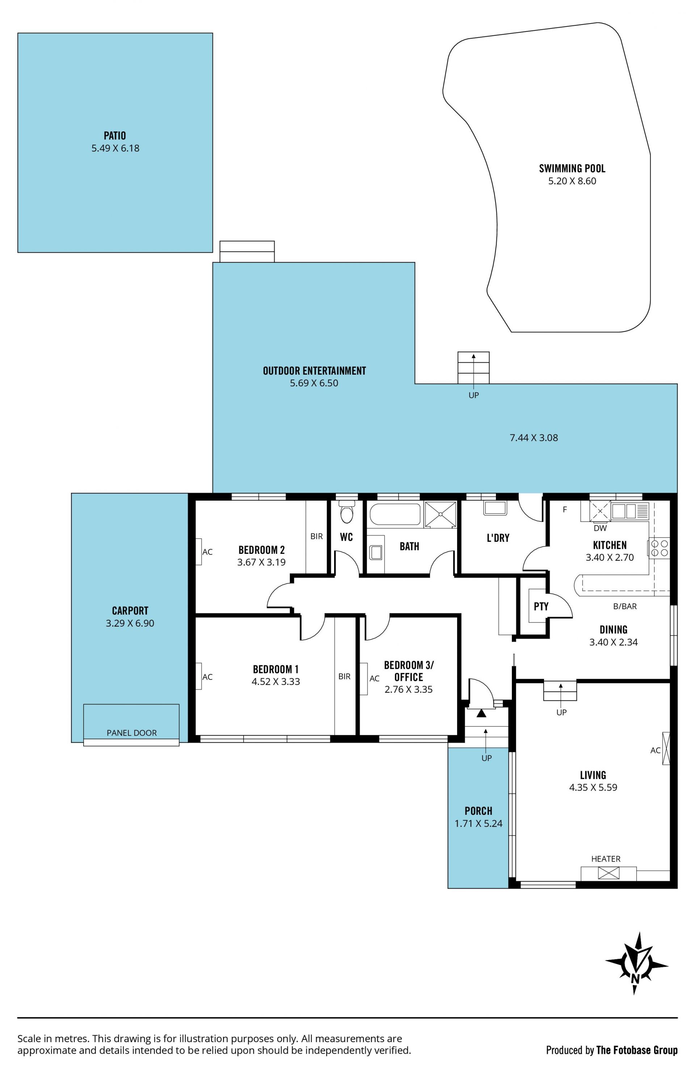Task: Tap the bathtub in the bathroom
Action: [x=395, y=514]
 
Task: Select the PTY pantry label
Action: [x=541, y=606]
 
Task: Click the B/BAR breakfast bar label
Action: [x=625, y=606]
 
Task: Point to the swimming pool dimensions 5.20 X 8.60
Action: [x=572, y=181]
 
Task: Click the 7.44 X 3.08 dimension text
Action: [x=534, y=438]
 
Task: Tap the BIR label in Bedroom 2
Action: [x=316, y=536]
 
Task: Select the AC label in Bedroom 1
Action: [x=207, y=677]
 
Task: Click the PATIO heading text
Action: [x=115, y=135]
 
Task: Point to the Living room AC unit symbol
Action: [x=666, y=748]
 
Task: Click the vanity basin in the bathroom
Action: [x=375, y=551]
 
